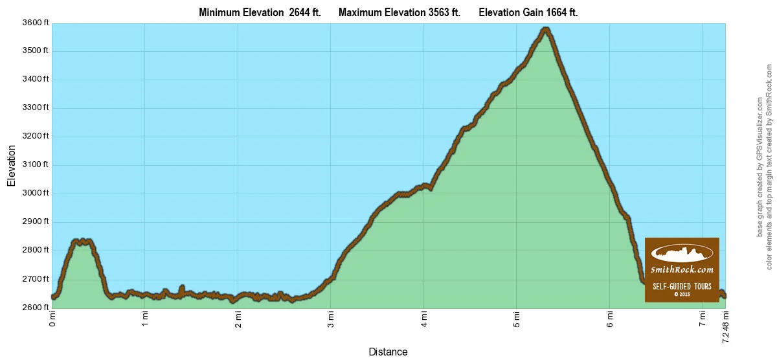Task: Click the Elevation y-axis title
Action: (11, 165)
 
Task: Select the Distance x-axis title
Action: (388, 352)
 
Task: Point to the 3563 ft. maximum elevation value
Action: (438, 12)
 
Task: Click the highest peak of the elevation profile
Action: (546, 28)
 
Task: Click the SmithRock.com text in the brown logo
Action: (682, 269)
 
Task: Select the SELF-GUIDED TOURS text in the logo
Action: (682, 286)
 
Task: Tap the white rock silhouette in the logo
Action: (682, 252)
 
